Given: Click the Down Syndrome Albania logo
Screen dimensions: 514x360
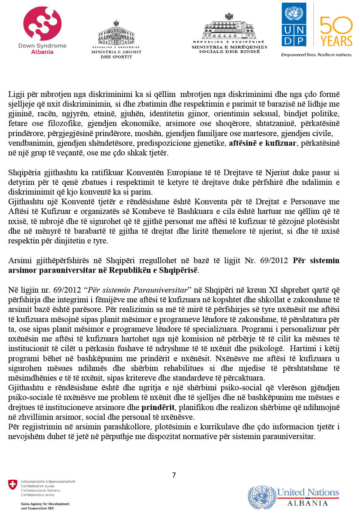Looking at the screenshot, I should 42,30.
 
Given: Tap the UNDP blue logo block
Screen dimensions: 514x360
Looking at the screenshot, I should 294,24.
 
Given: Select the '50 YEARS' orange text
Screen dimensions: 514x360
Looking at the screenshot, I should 336,32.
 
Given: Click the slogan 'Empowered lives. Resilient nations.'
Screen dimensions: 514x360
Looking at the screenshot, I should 316,55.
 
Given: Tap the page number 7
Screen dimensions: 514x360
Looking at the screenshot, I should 174,475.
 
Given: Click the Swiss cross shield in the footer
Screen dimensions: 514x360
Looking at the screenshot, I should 13,485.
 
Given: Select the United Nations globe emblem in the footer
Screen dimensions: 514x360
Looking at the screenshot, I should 262,497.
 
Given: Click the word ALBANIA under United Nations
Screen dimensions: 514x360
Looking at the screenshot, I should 307,503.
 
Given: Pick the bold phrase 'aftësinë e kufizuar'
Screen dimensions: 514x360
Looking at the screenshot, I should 262,143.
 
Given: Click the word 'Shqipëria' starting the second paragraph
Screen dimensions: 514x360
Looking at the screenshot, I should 25,173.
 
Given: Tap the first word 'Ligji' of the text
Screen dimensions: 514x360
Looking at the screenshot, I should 16,94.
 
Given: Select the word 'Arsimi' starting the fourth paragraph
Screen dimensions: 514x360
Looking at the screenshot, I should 20,261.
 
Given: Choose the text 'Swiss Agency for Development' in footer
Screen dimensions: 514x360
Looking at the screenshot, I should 45,504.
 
